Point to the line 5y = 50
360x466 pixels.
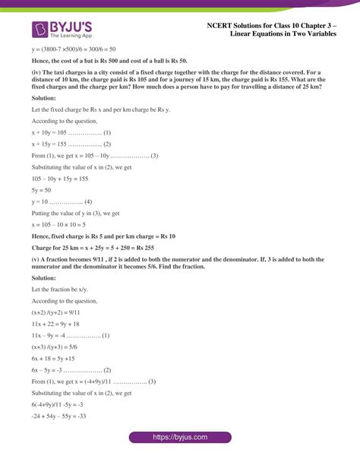point(41,190)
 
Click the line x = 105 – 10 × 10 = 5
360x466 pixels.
point(69,225)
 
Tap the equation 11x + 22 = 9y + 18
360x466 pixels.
point(61,324)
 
